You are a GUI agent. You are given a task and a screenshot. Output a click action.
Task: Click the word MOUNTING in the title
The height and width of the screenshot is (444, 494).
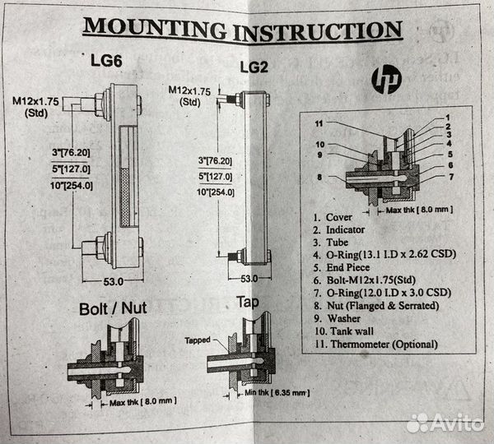155,28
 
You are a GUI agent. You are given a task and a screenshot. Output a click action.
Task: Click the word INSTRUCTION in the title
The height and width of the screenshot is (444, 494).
317,30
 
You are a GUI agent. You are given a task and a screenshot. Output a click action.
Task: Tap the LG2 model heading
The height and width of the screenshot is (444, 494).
253,66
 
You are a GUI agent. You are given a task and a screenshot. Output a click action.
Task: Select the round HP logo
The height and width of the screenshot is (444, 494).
385,80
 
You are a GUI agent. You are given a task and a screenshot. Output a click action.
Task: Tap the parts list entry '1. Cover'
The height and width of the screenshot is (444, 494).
333,218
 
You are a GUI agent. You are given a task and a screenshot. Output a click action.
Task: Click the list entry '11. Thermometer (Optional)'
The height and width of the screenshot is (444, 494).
375,344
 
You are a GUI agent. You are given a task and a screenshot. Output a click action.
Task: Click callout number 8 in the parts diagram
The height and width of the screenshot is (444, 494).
317,175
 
